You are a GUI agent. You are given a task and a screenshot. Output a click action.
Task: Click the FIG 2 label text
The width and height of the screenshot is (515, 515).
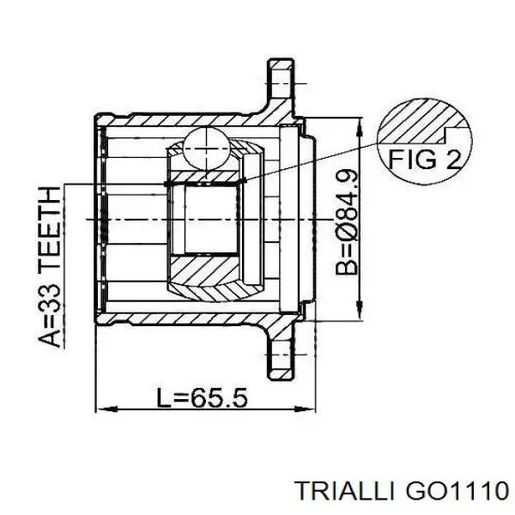(425, 159)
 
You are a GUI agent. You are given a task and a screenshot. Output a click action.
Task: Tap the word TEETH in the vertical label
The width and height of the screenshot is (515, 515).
(50, 227)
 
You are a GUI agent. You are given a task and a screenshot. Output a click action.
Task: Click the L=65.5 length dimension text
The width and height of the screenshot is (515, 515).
(202, 397)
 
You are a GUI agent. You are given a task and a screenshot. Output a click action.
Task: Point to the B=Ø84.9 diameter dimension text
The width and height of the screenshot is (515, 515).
(347, 221)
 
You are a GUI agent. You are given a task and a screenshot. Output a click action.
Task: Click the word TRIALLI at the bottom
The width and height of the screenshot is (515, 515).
(345, 491)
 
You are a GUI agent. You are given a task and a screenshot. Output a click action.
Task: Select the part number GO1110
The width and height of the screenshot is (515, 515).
(457, 491)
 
